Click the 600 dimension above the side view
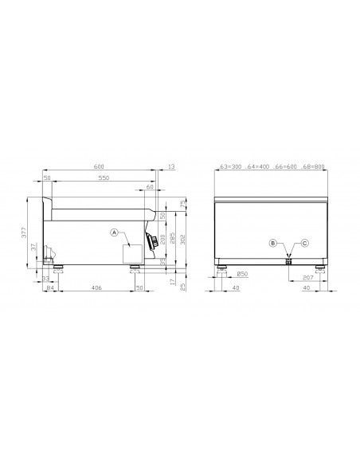coord(99,167)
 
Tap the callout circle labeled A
coord(115,232)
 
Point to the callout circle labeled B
coord(272,242)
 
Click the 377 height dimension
coord(25,232)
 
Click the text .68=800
coord(311,167)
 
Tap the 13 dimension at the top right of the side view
coord(173,167)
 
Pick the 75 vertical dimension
coord(182,205)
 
